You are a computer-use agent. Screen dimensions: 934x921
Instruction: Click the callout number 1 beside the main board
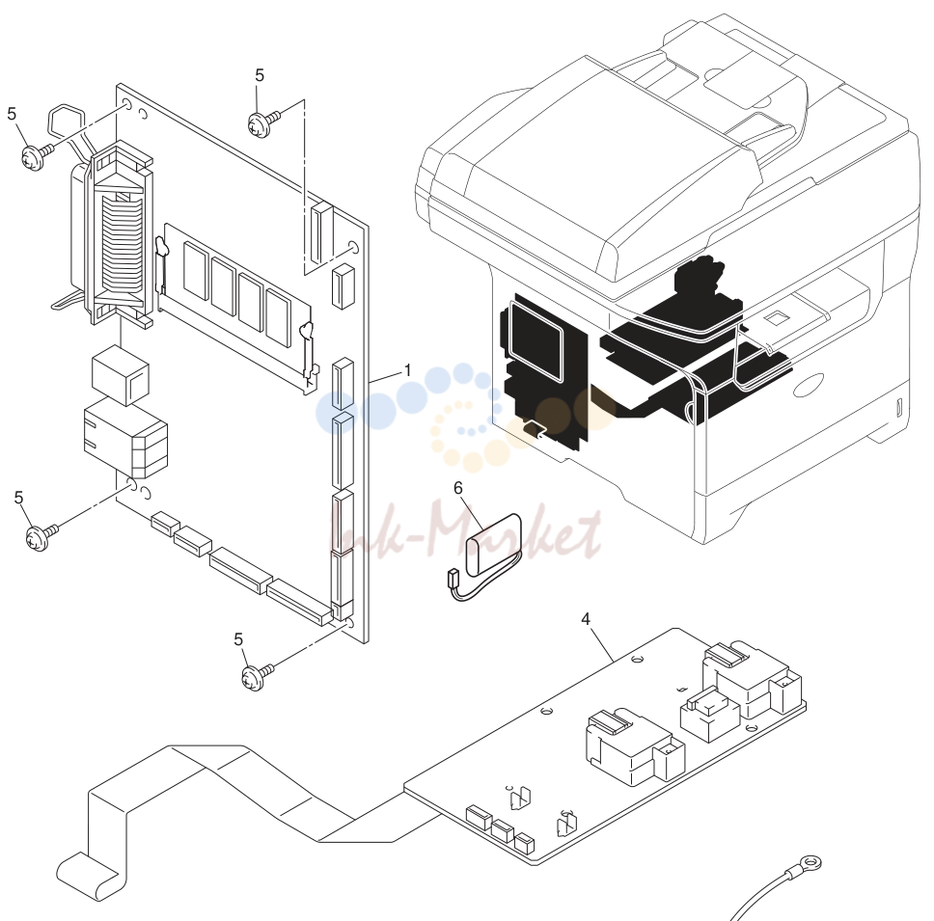(408, 371)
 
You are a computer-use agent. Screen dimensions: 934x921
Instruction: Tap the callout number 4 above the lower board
(586, 619)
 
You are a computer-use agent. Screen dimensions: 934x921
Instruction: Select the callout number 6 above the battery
(458, 488)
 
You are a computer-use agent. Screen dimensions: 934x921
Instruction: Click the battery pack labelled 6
(494, 545)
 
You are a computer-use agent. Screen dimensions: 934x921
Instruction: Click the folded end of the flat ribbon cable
(91, 874)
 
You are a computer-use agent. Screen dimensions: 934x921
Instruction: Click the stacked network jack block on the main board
(126, 438)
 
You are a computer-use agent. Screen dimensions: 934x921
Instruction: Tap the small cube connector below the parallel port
(121, 374)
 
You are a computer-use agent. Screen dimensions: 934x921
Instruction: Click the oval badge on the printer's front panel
(810, 386)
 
